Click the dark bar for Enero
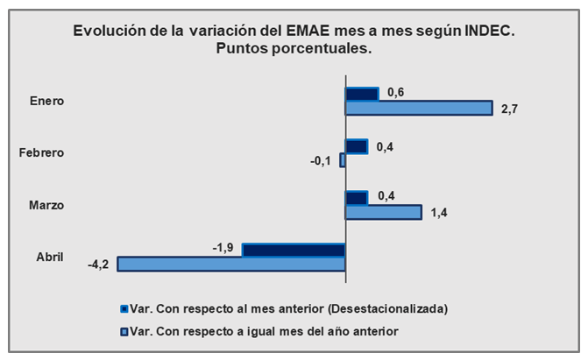coord(362,94)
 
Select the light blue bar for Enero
coord(419,109)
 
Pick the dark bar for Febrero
coord(357,146)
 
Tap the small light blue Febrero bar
coord(343,160)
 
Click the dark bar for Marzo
coord(357,198)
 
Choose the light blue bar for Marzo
coord(384,212)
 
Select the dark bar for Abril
coord(294,251)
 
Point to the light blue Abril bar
coord(231,264)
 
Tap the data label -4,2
coord(98,265)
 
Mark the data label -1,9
coord(223,249)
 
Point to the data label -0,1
coord(321,161)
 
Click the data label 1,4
coord(440,212)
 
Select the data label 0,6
coord(395,92)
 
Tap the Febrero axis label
coord(42,153)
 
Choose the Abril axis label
coord(50,257)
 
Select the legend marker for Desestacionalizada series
coord(124,309)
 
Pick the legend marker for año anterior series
coord(124,330)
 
